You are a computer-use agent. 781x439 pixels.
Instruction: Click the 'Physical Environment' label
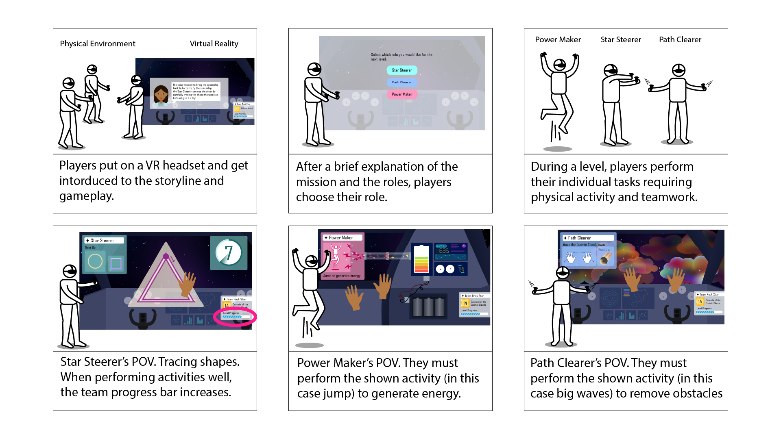(x=98, y=43)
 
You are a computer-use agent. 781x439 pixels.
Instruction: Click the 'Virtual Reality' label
(x=214, y=43)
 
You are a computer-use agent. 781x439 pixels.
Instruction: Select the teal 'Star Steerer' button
(x=402, y=70)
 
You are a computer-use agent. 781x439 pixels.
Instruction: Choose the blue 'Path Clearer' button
(x=402, y=82)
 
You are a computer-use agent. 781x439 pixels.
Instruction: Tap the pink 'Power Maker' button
(x=402, y=94)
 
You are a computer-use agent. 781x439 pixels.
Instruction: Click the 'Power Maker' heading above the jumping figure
(x=558, y=39)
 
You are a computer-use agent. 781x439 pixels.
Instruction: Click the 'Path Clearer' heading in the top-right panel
(x=680, y=39)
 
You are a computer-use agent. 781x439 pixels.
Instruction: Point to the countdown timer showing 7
(x=229, y=252)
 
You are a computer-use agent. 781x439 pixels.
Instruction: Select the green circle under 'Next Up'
(x=95, y=261)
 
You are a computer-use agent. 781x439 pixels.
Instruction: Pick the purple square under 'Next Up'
(x=116, y=263)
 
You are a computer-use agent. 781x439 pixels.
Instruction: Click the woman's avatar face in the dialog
(x=161, y=95)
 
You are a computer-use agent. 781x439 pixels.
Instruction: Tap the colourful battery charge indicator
(x=421, y=260)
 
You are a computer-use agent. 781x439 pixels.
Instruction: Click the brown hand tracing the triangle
(x=188, y=283)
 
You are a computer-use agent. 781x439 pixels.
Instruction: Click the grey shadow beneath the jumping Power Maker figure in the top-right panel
(x=557, y=149)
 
